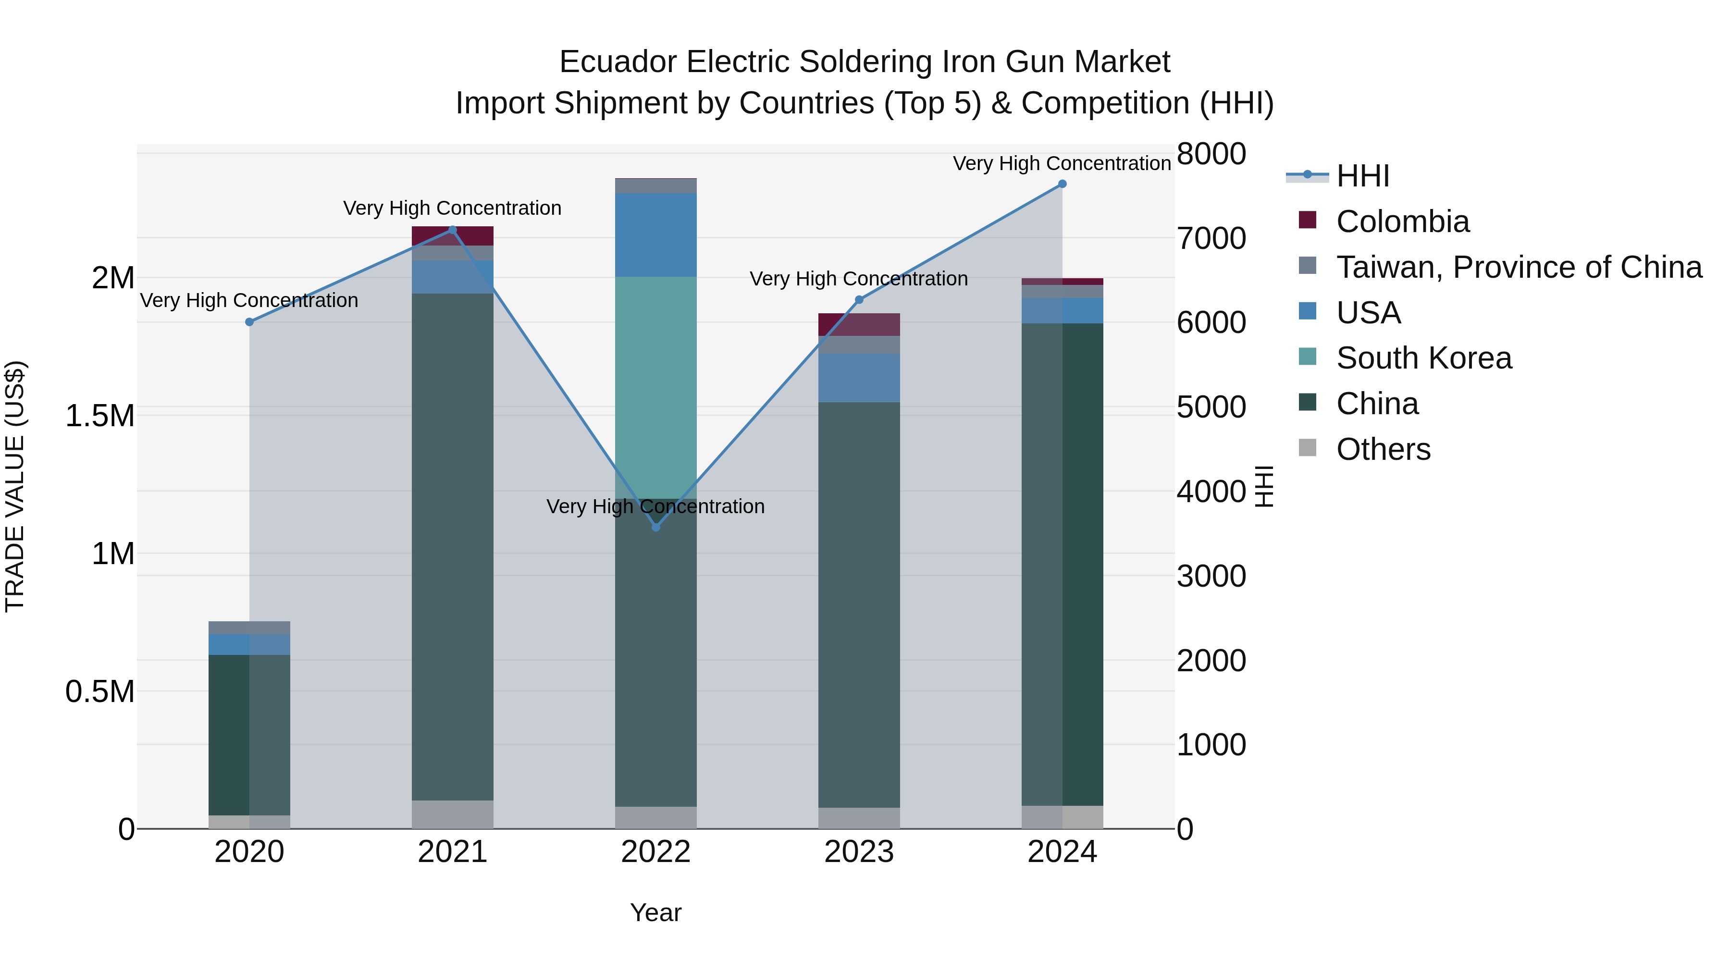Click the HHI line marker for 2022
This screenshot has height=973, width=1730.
point(655,527)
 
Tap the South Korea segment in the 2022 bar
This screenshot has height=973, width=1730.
point(655,386)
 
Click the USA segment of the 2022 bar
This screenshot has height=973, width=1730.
point(655,234)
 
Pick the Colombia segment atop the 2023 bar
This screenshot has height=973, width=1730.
point(858,324)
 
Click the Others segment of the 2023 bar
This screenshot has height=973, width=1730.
point(858,818)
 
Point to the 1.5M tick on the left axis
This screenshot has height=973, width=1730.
point(99,416)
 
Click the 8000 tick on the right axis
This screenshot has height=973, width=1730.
point(1211,154)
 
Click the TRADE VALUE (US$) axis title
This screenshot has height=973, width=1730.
point(15,486)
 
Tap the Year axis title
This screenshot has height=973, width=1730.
point(655,912)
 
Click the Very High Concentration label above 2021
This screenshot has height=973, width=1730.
point(452,208)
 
